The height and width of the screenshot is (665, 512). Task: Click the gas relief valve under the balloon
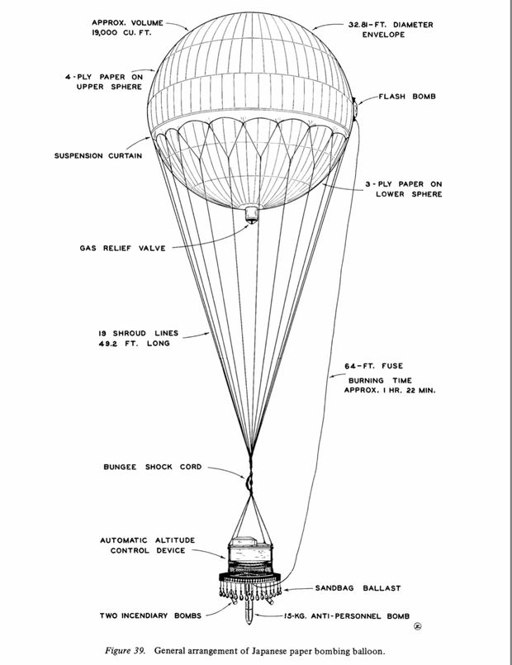pyautogui.click(x=252, y=214)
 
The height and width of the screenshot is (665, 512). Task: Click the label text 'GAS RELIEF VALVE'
pyautogui.click(x=122, y=248)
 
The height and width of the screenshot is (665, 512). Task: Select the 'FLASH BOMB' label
pyautogui.click(x=407, y=97)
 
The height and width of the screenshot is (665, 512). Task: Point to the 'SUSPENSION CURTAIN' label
pyautogui.click(x=98, y=155)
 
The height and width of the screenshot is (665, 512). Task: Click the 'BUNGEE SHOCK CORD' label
pyautogui.click(x=153, y=467)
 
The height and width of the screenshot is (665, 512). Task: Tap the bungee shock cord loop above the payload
pyautogui.click(x=249, y=482)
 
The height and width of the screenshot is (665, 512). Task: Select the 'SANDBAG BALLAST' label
pyautogui.click(x=358, y=588)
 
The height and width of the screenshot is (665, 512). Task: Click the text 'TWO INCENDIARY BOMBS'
pyautogui.click(x=150, y=615)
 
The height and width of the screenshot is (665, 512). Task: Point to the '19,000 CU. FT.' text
pyautogui.click(x=121, y=32)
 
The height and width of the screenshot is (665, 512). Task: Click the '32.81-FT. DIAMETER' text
pyautogui.click(x=391, y=25)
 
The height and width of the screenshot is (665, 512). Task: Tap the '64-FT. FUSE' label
pyautogui.click(x=374, y=366)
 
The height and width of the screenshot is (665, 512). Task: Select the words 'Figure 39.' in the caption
pyautogui.click(x=125, y=651)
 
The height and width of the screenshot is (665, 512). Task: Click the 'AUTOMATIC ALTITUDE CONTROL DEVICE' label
pyautogui.click(x=148, y=545)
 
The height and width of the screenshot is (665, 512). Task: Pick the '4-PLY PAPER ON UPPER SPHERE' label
pyautogui.click(x=104, y=82)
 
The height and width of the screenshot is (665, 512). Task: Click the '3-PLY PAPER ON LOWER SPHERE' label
pyautogui.click(x=404, y=189)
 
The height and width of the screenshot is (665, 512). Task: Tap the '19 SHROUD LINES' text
pyautogui.click(x=138, y=334)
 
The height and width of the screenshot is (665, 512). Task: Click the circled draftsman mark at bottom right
pyautogui.click(x=418, y=626)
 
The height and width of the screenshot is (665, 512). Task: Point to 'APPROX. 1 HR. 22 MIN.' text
pyautogui.click(x=390, y=390)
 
